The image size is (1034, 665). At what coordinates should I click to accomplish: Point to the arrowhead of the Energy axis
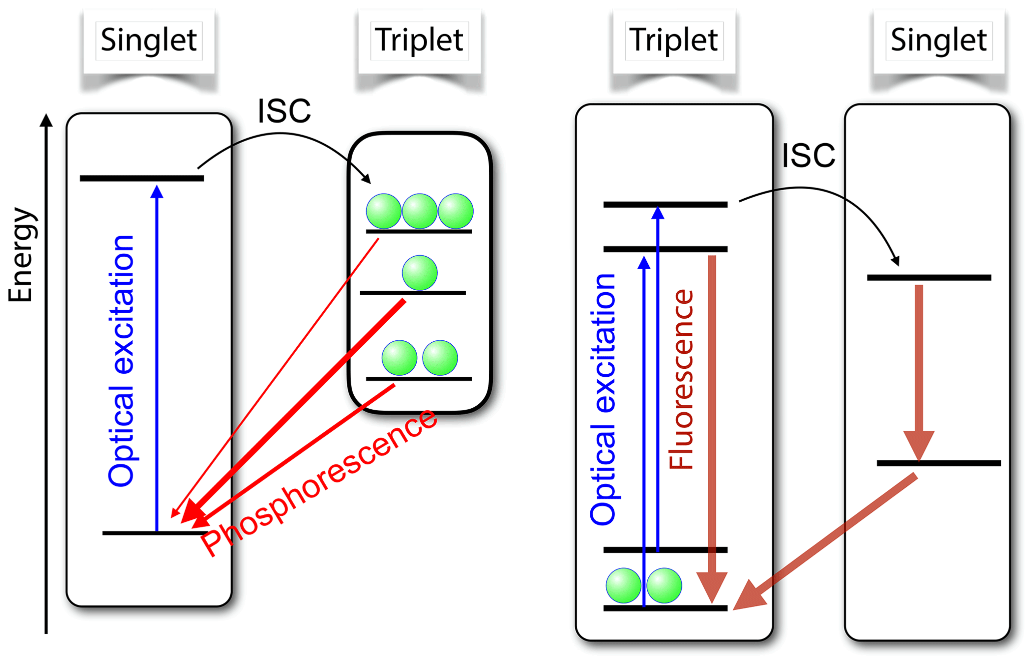tap(46, 121)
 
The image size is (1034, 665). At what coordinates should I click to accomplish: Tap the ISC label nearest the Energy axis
tap(284, 111)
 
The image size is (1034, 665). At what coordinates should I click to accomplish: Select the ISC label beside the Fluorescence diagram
tap(808, 156)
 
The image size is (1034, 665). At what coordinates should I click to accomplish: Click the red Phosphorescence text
tap(320, 483)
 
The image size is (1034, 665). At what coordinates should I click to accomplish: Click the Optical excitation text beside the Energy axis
tap(122, 360)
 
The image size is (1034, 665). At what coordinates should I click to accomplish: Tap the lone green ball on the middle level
tap(420, 273)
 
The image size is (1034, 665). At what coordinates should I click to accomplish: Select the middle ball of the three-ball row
tap(420, 211)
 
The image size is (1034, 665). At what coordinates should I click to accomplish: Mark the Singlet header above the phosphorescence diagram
tap(149, 40)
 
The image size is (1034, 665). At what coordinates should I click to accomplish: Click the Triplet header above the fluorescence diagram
tap(674, 40)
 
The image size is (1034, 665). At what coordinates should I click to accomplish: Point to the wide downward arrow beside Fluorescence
tap(712, 425)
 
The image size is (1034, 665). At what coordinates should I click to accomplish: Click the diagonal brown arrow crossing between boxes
tap(825, 543)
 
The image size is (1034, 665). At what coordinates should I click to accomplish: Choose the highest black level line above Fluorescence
tap(665, 204)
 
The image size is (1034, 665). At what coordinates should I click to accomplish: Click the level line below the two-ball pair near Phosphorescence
tap(419, 379)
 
